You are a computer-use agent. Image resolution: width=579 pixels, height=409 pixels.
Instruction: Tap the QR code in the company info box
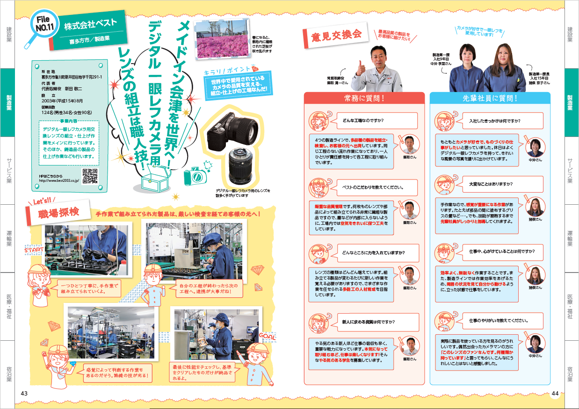click(90, 176)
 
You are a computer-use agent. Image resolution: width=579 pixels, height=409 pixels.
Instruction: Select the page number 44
click(555, 393)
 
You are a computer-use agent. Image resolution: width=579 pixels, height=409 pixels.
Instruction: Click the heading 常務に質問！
click(363, 98)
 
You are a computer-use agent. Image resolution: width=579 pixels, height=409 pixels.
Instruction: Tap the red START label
click(34, 251)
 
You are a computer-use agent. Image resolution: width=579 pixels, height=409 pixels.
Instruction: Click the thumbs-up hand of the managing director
click(361, 68)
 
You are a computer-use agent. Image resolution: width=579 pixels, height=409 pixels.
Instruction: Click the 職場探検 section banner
click(58, 213)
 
